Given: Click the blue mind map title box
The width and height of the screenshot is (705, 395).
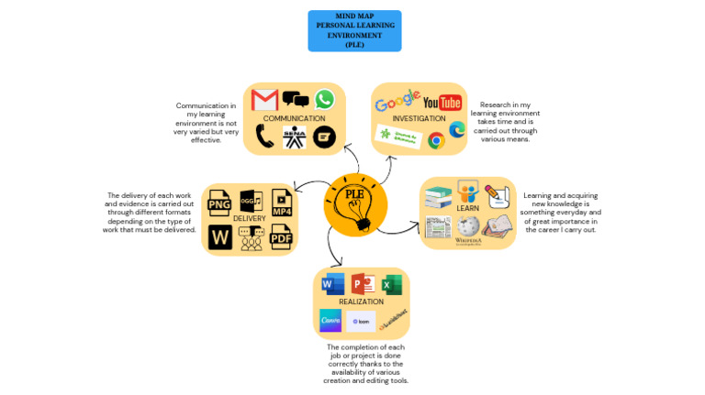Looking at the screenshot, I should (x=354, y=30).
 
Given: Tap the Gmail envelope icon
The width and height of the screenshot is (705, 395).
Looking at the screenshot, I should (x=264, y=100).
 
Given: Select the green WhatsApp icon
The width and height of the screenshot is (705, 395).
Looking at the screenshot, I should (x=324, y=99).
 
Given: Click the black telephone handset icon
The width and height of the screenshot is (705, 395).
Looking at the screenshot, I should (x=264, y=137).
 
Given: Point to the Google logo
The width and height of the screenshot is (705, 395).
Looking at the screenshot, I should (x=397, y=102).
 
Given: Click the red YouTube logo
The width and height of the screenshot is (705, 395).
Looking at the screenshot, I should (x=442, y=102).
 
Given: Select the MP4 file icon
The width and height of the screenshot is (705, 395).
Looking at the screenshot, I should (x=281, y=202).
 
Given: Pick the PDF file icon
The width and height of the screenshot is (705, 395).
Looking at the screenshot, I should (x=281, y=237).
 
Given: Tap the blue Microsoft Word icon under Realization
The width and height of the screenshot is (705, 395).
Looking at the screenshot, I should (x=332, y=284).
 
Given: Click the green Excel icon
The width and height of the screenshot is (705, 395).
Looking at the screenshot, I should (x=392, y=284).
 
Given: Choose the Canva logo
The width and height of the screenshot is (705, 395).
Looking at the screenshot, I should (x=330, y=320).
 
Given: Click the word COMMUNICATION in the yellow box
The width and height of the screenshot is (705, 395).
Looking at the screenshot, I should (x=294, y=118).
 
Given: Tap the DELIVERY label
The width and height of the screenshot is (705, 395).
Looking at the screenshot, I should (x=249, y=218).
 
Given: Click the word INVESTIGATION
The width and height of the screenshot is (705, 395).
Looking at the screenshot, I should (x=419, y=119).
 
